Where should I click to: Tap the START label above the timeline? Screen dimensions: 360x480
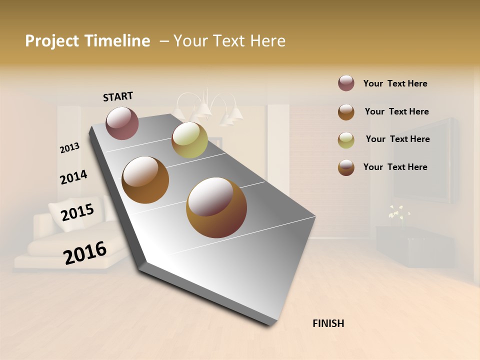tap(118, 96)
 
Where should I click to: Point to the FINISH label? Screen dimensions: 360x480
tap(328, 323)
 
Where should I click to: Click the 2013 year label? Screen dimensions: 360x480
tap(69, 147)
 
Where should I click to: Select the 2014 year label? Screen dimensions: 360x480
tap(73, 177)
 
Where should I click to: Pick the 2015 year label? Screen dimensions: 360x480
tap(77, 212)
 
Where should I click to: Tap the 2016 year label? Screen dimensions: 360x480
tap(85, 252)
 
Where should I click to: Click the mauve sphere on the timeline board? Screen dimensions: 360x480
tap(122, 123)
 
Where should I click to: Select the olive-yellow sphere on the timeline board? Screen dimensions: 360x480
tap(189, 140)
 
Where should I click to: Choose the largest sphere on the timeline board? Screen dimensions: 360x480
tap(216, 207)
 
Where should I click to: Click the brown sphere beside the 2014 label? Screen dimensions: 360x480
tap(145, 180)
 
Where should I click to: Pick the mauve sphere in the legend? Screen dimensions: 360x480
tap(346, 83)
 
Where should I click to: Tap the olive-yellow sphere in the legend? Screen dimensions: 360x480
tap(346, 140)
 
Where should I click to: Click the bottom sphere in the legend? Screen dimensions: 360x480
tap(346, 167)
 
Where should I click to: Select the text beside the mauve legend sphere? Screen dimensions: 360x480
tap(395, 83)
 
